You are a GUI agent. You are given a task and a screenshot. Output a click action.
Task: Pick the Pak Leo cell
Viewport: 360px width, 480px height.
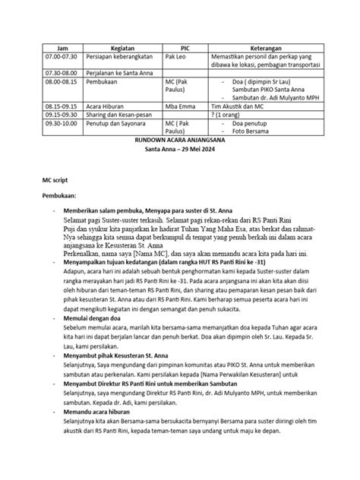pos(176,57)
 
